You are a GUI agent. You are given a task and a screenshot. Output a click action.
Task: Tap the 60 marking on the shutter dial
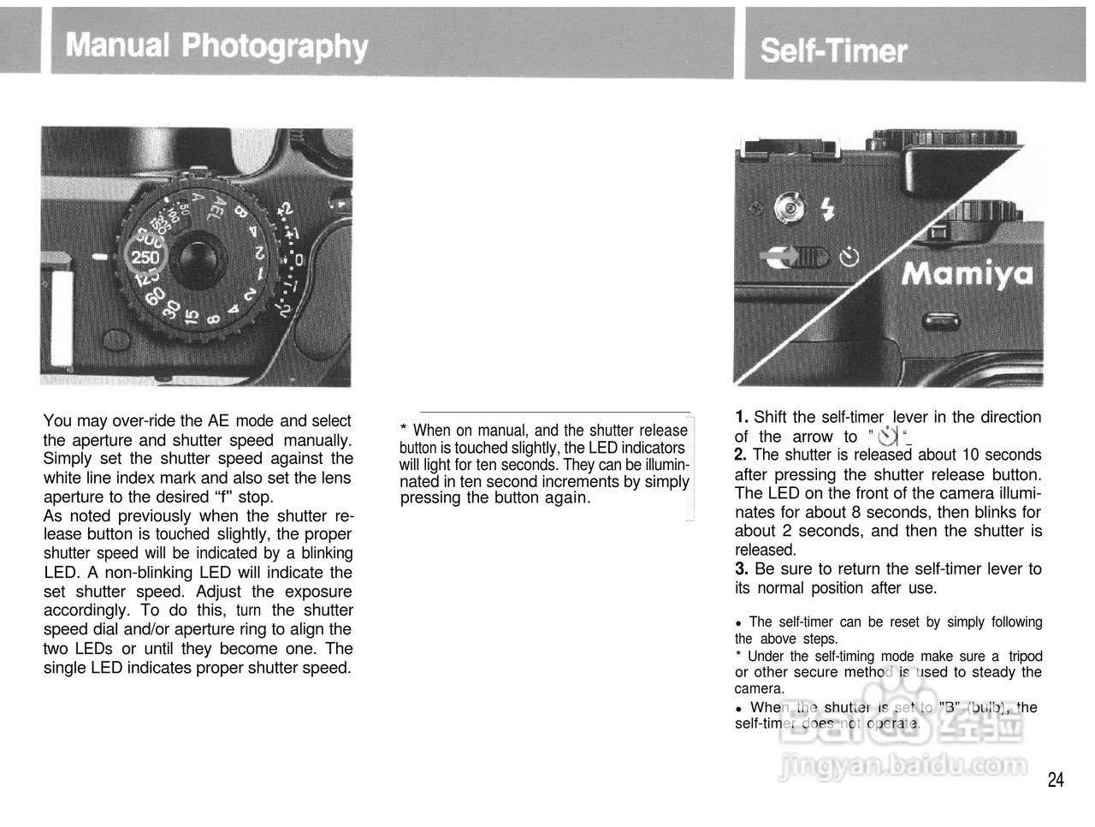(155, 297)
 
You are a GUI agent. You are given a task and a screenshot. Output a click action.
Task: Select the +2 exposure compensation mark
(285, 209)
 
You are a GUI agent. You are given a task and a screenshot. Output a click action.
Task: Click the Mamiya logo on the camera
(968, 273)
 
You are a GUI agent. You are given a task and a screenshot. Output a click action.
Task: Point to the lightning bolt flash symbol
(826, 209)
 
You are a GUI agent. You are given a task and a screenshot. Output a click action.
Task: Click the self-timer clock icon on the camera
(849, 257)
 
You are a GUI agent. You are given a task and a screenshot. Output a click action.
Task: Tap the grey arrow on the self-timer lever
(780, 257)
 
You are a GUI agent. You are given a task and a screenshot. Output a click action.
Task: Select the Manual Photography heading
(216, 45)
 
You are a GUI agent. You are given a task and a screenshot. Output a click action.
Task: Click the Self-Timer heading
(833, 51)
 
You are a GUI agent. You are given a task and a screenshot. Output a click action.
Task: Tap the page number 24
(1056, 779)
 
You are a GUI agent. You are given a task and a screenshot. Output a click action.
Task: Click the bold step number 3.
(742, 568)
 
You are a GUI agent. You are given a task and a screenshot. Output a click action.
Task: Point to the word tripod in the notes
(1025, 656)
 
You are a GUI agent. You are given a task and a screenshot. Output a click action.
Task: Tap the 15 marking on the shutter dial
(192, 317)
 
